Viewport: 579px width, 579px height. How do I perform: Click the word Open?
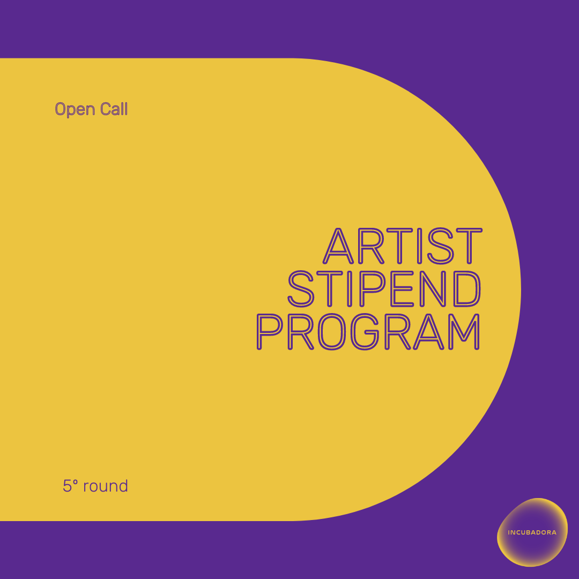[75, 109]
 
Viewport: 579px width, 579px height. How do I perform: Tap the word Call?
[114, 108]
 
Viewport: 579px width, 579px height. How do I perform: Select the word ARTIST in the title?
[403, 246]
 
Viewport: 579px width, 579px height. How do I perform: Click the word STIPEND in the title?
[384, 289]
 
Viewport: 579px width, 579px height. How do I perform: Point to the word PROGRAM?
[368, 332]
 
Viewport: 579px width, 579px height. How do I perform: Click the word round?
[106, 486]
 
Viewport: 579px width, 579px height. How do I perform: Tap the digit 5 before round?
[67, 486]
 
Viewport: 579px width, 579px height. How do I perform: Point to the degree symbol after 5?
[76, 482]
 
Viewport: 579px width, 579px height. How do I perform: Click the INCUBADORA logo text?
[532, 532]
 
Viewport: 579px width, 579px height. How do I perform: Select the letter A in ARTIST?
[338, 246]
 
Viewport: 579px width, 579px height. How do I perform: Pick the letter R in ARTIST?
[371, 246]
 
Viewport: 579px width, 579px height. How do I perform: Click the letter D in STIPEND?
[467, 289]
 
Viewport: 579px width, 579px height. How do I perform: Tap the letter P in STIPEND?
[373, 289]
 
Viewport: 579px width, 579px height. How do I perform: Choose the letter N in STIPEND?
[433, 289]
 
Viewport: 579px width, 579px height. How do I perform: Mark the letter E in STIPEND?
[402, 289]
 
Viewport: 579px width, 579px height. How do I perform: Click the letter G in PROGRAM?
[365, 332]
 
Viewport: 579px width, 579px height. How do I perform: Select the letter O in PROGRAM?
[332, 332]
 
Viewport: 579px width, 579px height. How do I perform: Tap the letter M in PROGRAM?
[464, 332]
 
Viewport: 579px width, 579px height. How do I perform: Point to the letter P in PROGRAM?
[270, 332]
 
